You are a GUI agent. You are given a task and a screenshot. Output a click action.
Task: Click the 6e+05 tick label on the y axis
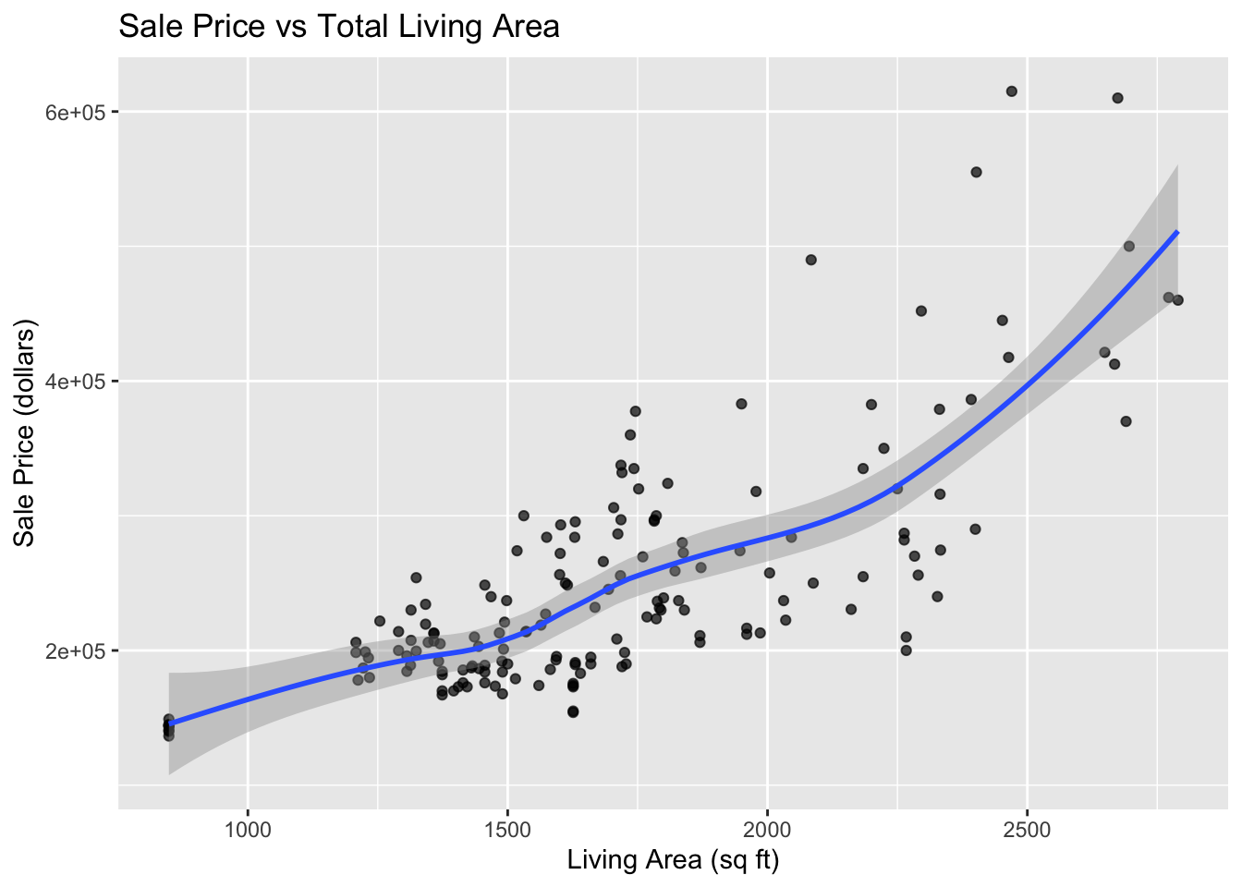(x=75, y=113)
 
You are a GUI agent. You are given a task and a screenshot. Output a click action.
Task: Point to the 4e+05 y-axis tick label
(x=75, y=382)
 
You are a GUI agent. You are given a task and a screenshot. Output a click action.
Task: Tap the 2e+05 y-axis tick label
(x=75, y=651)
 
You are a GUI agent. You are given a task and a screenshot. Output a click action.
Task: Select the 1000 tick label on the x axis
(x=248, y=831)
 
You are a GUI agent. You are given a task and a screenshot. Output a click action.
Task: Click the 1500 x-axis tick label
(x=507, y=831)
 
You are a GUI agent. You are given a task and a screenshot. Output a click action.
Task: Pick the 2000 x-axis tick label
(x=767, y=831)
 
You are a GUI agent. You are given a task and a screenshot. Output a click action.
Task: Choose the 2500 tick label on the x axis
(x=1028, y=831)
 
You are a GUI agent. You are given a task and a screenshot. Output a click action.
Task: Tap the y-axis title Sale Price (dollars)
(x=24, y=433)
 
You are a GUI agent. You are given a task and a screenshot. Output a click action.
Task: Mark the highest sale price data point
(x=1011, y=91)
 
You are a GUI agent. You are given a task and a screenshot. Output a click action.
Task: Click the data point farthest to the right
(x=1177, y=300)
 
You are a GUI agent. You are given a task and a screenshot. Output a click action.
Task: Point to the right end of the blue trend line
(x=1177, y=232)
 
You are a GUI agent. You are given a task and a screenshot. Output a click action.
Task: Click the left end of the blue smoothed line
(x=169, y=723)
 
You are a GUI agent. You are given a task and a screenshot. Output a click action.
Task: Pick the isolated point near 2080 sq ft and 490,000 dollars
(x=810, y=260)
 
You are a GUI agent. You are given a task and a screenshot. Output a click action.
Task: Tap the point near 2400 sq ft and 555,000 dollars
(x=977, y=173)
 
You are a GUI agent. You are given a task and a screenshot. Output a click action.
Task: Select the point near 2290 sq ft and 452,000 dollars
(x=921, y=311)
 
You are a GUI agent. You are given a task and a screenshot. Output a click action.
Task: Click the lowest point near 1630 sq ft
(x=573, y=711)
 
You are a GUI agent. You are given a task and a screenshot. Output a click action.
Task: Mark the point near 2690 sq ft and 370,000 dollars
(x=1126, y=421)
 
